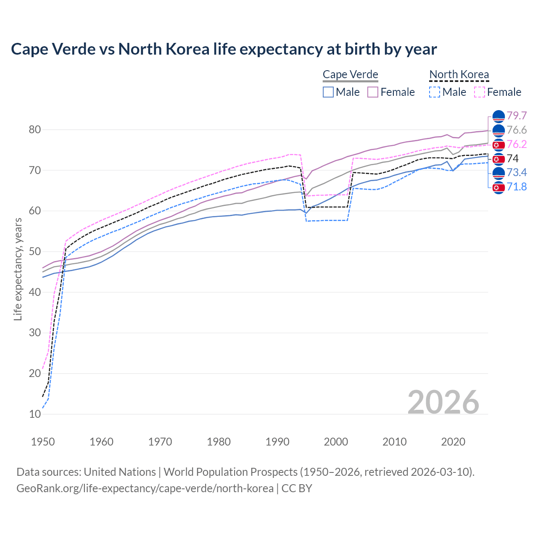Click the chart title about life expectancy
pos(224,49)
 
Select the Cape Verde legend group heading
pos(350,75)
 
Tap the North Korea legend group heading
pos(459,75)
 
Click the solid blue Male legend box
pos(328,92)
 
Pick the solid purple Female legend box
pos(373,92)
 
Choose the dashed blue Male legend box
pos(435,92)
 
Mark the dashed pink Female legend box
pos(479,92)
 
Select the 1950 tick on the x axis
pos(43,442)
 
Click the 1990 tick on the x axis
pos(277,442)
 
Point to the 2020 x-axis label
pos(453,442)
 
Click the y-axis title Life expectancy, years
pos(18,269)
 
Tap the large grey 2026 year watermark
pos(443,402)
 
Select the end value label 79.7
pos(517,116)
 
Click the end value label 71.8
pos(517,187)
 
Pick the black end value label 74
pos(513,158)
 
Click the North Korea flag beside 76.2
pos(498,145)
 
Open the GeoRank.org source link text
pos(145,488)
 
